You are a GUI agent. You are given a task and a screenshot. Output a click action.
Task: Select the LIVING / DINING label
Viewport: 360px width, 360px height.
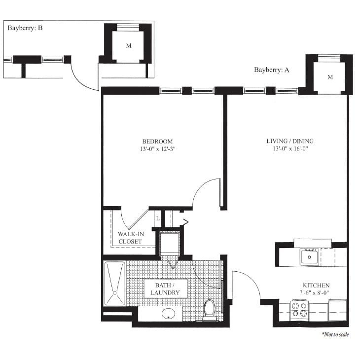click(x=289, y=142)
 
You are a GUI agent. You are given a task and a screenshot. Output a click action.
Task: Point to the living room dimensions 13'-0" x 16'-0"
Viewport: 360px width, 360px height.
click(x=289, y=149)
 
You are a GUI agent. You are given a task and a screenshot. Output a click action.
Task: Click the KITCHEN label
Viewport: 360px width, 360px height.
click(x=316, y=286)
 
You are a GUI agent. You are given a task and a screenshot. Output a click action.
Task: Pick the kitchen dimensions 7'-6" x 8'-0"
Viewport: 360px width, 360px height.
click(x=316, y=293)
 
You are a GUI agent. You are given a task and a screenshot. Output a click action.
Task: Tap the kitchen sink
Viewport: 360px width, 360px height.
click(x=310, y=256)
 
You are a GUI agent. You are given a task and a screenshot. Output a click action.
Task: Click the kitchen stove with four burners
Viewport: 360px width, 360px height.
click(x=299, y=309)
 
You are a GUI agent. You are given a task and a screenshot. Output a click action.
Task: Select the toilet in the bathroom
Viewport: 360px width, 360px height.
click(x=210, y=310)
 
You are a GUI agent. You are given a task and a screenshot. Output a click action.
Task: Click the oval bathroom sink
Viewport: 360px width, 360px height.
click(x=170, y=313)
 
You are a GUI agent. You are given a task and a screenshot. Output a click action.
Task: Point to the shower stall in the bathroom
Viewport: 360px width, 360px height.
click(x=115, y=284)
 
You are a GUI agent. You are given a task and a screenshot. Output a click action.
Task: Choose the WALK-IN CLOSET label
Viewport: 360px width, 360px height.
click(x=130, y=238)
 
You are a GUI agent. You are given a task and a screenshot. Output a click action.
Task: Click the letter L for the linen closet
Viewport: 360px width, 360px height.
click(x=157, y=217)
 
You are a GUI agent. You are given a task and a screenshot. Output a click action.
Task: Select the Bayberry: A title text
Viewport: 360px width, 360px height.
click(x=271, y=70)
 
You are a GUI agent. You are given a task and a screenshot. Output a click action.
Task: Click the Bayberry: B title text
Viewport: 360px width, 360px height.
click(x=25, y=28)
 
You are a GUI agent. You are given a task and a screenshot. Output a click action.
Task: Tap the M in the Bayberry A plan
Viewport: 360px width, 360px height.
click(x=330, y=77)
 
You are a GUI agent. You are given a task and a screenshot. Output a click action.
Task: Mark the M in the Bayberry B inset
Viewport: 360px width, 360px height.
click(x=129, y=46)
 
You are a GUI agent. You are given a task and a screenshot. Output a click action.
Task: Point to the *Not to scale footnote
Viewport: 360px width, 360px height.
click(x=335, y=334)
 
